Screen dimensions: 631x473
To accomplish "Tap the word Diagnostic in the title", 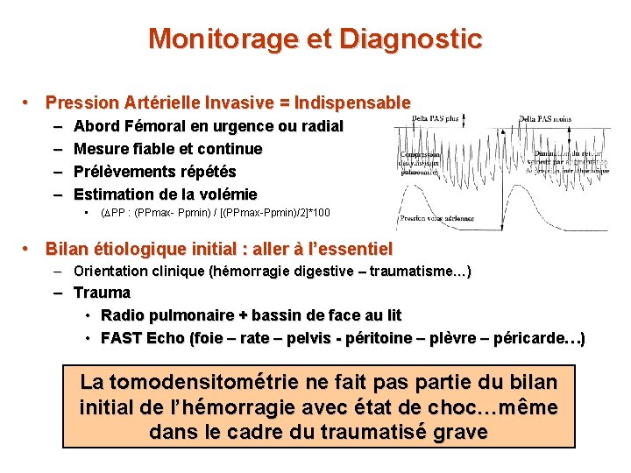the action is click(x=410, y=39).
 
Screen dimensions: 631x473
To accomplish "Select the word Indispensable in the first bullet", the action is click(x=352, y=102).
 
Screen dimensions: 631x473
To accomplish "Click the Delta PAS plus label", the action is click(x=436, y=117).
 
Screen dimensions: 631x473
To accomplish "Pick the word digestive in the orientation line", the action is click(x=329, y=272).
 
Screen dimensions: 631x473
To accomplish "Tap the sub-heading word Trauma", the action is click(x=102, y=293).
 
